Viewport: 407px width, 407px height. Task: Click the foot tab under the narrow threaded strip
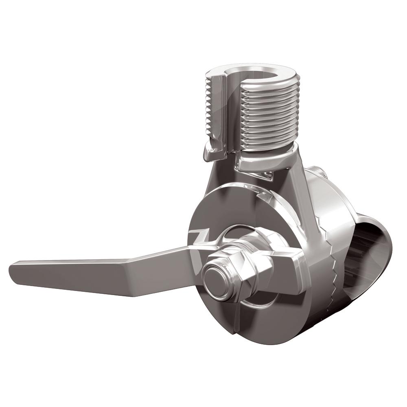212,155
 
